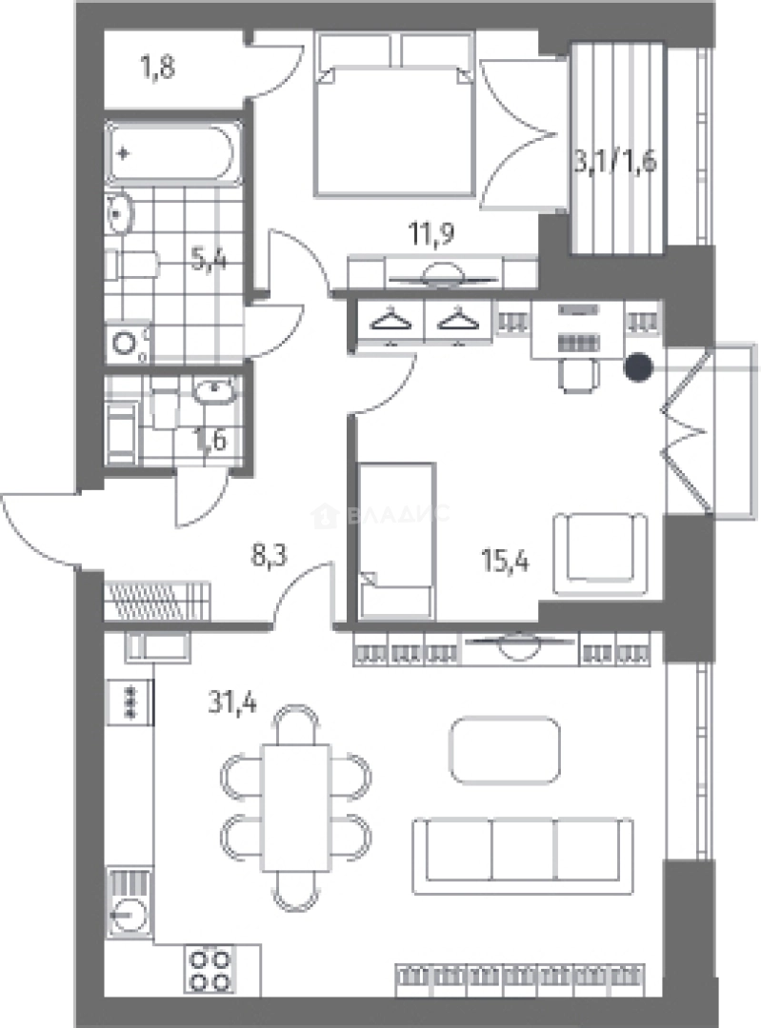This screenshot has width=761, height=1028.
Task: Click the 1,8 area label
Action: pyautogui.click(x=158, y=68)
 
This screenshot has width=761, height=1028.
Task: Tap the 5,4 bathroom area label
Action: pyautogui.click(x=209, y=261)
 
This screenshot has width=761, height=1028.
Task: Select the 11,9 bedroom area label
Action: pyautogui.click(x=431, y=233)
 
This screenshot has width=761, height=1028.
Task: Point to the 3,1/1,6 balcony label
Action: pyautogui.click(x=615, y=161)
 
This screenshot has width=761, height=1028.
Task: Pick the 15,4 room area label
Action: pyautogui.click(x=505, y=562)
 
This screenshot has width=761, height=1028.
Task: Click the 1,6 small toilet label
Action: pyautogui.click(x=210, y=440)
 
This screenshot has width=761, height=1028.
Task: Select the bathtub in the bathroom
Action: pyautogui.click(x=172, y=153)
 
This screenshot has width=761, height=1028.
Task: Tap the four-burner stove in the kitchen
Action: pyautogui.click(x=210, y=971)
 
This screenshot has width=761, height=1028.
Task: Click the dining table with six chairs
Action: pyautogui.click(x=295, y=808)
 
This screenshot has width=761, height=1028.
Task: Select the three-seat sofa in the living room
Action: pyautogui.click(x=523, y=856)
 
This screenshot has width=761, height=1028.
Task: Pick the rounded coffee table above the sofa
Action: pyautogui.click(x=505, y=749)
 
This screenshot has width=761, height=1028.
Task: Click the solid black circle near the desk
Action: pyautogui.click(x=638, y=367)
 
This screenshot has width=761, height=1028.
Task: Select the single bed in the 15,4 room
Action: pyautogui.click(x=397, y=541)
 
